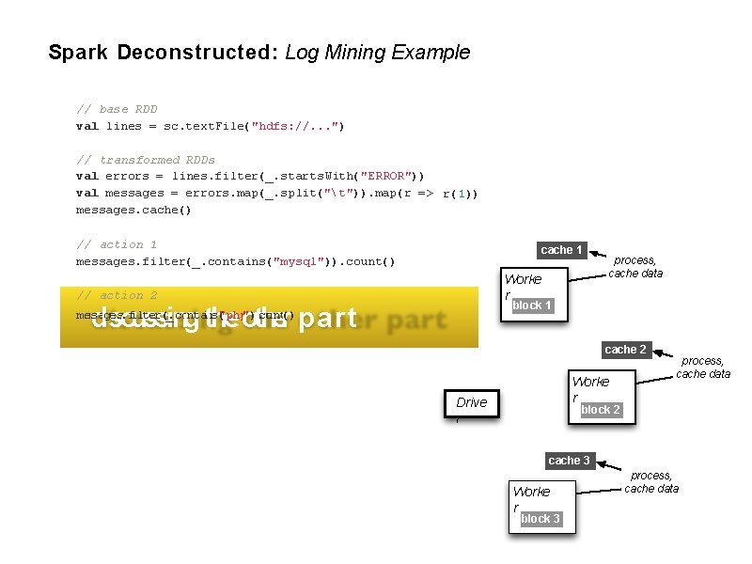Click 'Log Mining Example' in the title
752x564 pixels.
pyautogui.click(x=377, y=53)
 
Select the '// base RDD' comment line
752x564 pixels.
pyautogui.click(x=117, y=109)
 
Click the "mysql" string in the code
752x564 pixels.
pyautogui.click(x=303, y=261)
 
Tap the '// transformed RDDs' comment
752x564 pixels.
pyautogui.click(x=145, y=160)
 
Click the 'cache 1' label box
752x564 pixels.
pyautogui.click(x=562, y=250)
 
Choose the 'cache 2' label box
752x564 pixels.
pyautogui.click(x=625, y=350)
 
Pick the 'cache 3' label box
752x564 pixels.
pyautogui.click(x=569, y=461)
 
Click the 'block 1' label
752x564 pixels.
pyautogui.click(x=532, y=305)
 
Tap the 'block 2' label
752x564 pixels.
pyautogui.click(x=601, y=410)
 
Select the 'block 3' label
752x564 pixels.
pyautogui.click(x=540, y=519)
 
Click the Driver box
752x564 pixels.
pyautogui.click(x=471, y=403)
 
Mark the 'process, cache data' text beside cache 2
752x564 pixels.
pyautogui.click(x=703, y=367)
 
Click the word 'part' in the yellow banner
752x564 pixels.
pyautogui.click(x=325, y=319)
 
